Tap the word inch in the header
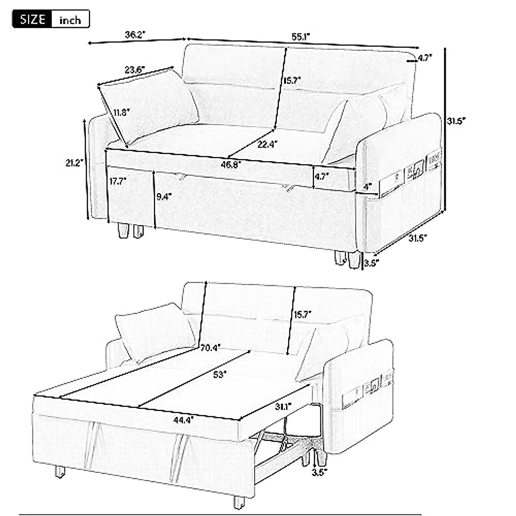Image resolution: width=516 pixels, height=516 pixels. (70, 20)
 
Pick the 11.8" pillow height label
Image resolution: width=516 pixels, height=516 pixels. (122, 113)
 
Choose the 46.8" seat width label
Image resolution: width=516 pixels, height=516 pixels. (231, 164)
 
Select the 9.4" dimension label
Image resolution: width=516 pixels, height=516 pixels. (164, 197)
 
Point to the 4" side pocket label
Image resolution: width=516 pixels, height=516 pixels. (367, 187)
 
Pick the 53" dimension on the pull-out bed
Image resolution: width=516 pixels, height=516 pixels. (219, 374)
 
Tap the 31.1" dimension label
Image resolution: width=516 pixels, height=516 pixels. (284, 405)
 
